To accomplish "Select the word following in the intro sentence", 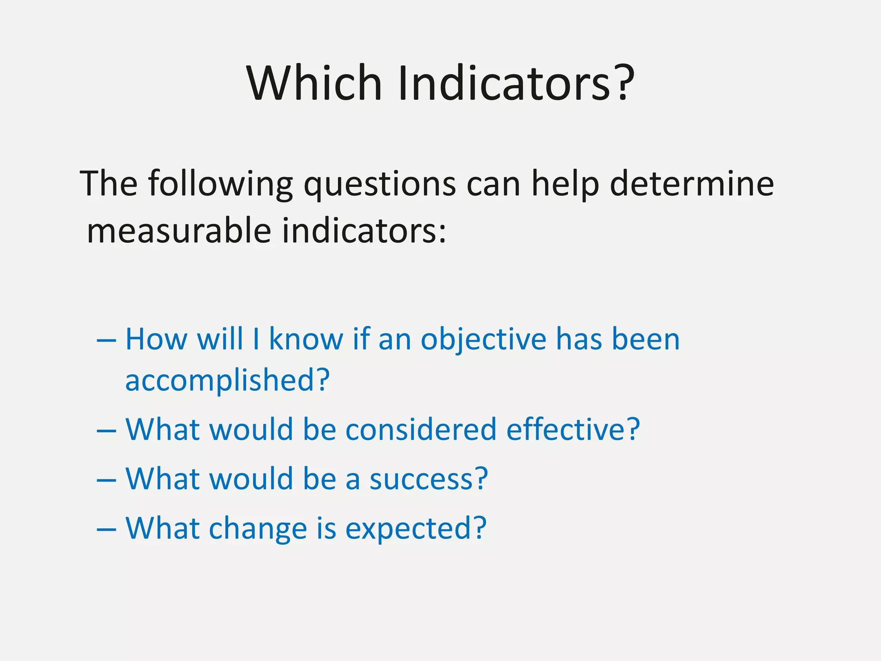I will click(x=220, y=184).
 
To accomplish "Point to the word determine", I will click(x=692, y=184).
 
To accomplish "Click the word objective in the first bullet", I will click(x=483, y=340).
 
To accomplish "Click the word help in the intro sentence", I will click(x=565, y=184).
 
